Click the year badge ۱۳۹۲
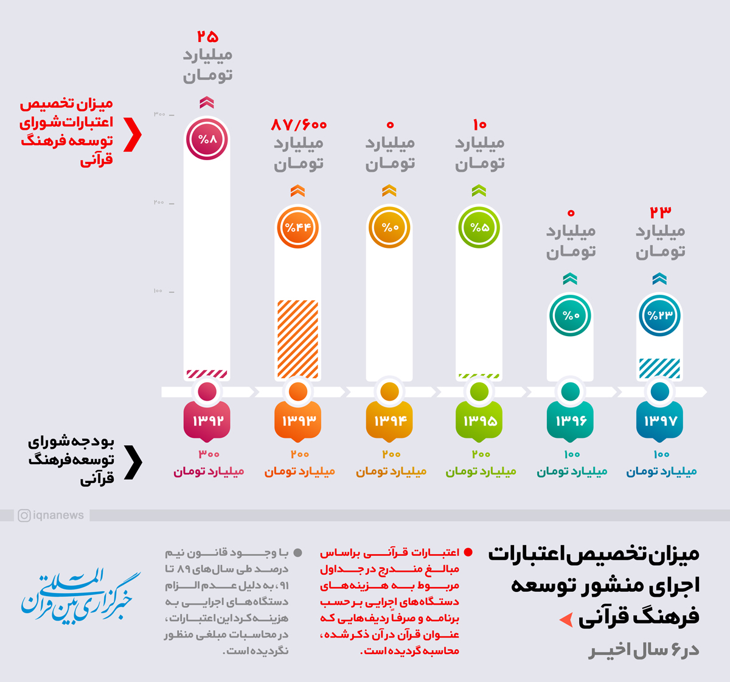[207, 421]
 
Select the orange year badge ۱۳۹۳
[298, 421]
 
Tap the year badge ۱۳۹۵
[479, 421]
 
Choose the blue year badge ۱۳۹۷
[660, 421]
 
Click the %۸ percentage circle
[207, 139]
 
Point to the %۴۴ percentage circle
[298, 227]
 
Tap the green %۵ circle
[479, 227]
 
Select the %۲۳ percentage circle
[660, 315]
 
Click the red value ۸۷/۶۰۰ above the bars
[299, 125]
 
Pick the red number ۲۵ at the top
[207, 37]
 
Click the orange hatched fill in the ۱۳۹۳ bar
[298, 339]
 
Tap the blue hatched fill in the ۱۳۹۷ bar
[660, 368]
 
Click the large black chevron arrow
[133, 462]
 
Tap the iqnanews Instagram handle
[52, 516]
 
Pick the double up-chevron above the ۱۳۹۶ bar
[570, 279]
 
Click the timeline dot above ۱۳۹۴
[389, 392]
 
